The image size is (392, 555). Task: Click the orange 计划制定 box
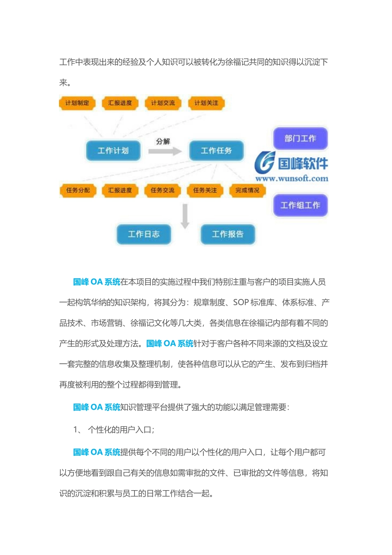coord(77,103)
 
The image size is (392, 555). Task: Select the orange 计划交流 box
coord(163,103)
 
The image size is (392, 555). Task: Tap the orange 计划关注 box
coord(206,103)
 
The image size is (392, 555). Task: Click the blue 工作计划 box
coord(113,151)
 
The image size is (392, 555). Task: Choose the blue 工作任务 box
coord(216,151)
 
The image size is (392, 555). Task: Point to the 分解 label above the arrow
coord(163,141)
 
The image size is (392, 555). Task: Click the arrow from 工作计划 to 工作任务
coord(165,151)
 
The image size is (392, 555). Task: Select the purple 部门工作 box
coord(300,138)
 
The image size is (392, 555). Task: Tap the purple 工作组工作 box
coord(300,205)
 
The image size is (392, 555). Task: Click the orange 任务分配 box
coord(78,190)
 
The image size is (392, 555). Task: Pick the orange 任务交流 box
coord(163,190)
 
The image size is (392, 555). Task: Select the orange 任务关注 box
coord(205,190)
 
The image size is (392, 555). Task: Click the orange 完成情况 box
coord(248,190)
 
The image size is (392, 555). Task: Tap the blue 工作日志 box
coord(144,234)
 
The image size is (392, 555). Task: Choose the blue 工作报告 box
coord(228,234)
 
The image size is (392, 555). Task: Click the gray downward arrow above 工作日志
coord(185,216)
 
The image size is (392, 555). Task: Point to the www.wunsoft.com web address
coord(292,179)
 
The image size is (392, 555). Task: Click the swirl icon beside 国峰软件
coord(264,163)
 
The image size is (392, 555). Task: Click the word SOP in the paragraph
coord(241,302)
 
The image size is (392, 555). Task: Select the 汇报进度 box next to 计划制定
coord(120,103)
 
